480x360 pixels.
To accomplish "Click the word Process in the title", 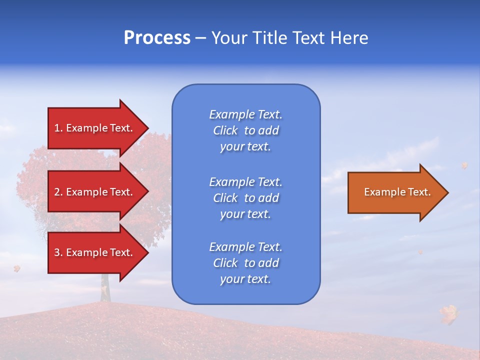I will pyautogui.click(x=157, y=38).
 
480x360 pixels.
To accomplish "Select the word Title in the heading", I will pyautogui.click(x=270, y=38).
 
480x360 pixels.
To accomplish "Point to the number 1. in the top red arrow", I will pyautogui.click(x=58, y=128).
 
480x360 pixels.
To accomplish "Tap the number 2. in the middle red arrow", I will pyautogui.click(x=58, y=192).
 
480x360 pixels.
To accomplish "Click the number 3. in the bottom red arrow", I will pyautogui.click(x=58, y=252).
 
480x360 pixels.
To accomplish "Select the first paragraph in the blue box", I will pyautogui.click(x=245, y=130).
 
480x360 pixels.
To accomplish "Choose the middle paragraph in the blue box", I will pyautogui.click(x=245, y=198).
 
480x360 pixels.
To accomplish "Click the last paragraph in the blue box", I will pyautogui.click(x=245, y=263).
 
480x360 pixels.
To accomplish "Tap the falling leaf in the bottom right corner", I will pyautogui.click(x=448, y=313).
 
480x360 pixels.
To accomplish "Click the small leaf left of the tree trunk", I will pyautogui.click(x=16, y=268).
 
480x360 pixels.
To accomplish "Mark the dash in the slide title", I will pyautogui.click(x=200, y=38).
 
